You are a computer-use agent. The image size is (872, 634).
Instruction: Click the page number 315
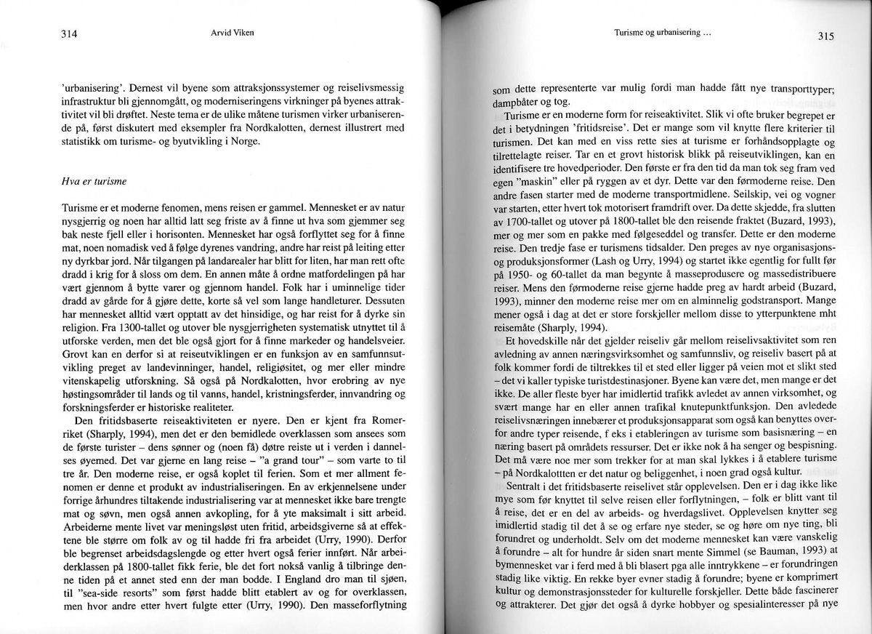825,37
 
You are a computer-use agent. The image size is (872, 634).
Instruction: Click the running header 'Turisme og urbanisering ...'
661,33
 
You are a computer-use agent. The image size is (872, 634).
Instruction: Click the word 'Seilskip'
734,193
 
